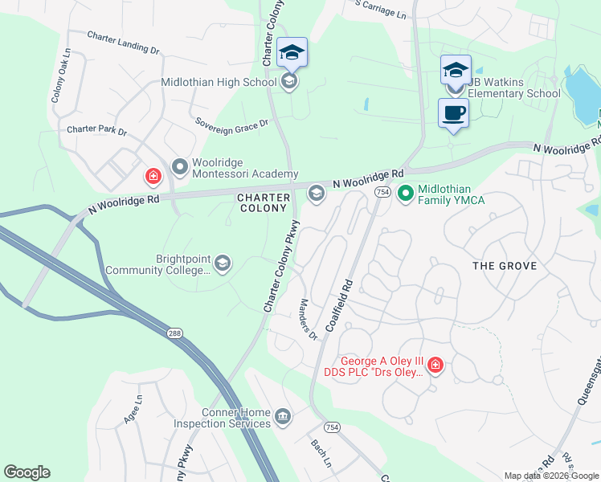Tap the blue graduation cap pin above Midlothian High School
click(291, 54)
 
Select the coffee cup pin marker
click(453, 112)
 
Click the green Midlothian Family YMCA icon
click(406, 193)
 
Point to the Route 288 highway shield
click(174, 333)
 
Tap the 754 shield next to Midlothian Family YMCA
click(382, 192)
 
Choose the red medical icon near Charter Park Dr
click(151, 175)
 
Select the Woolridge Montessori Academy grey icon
click(180, 167)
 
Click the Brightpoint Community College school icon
click(223, 263)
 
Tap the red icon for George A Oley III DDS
click(435, 366)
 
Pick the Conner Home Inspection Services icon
click(283, 416)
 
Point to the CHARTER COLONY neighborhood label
click(262, 202)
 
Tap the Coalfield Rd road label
click(338, 307)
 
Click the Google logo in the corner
click(27, 472)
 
